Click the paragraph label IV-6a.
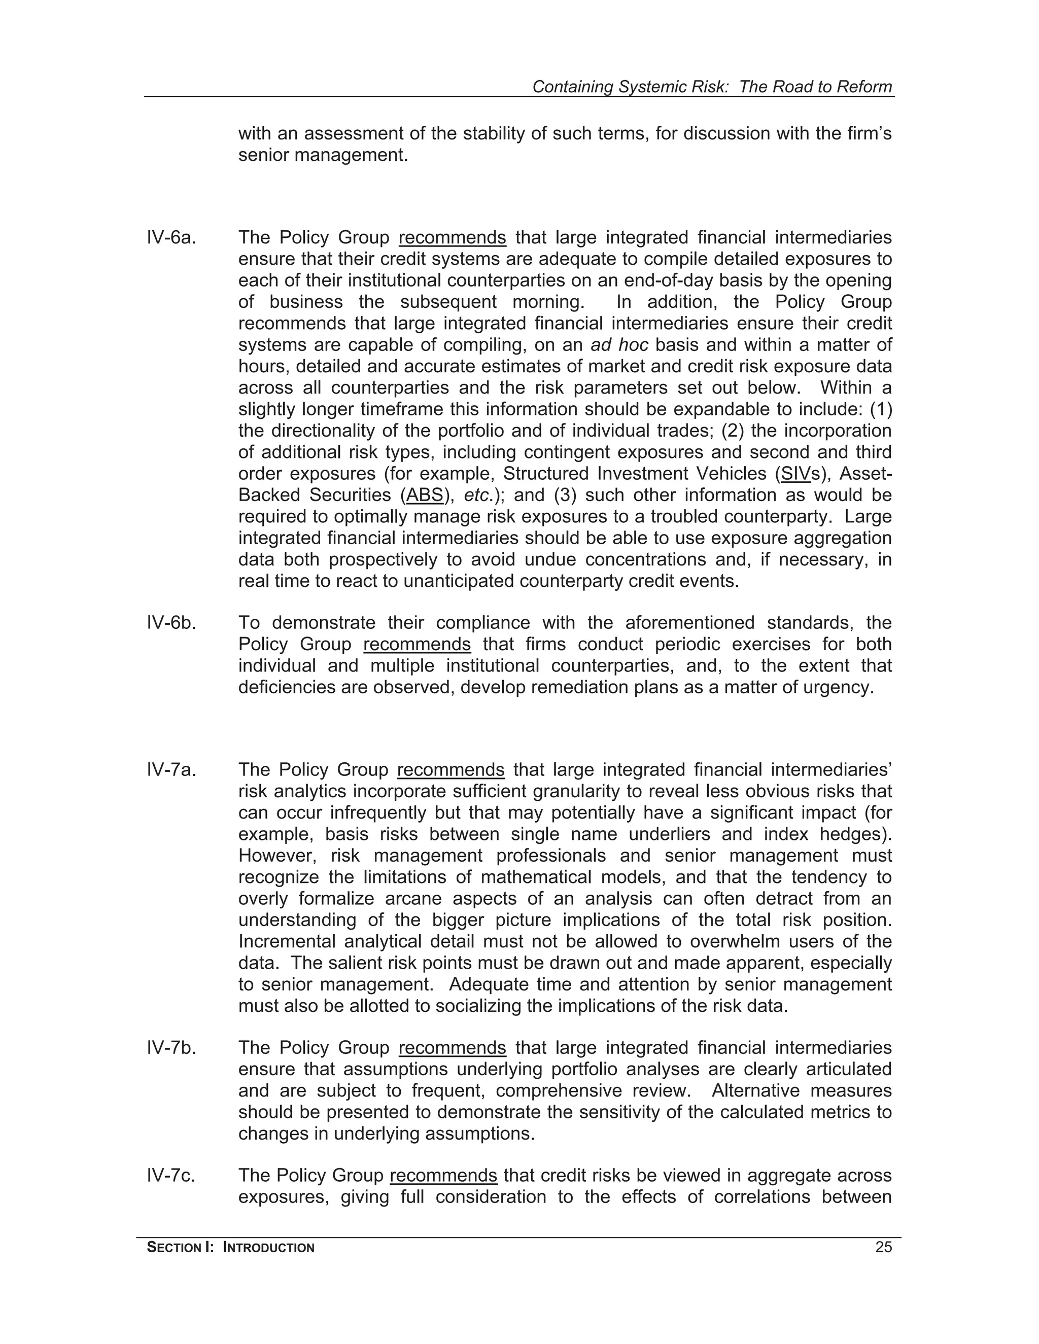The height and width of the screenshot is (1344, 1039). click(171, 237)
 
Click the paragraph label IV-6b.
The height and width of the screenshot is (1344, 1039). click(171, 623)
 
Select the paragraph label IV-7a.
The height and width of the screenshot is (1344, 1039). click(171, 770)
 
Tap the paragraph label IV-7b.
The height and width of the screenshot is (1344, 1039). click(171, 1047)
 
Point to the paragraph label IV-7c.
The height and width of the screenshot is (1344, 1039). click(170, 1176)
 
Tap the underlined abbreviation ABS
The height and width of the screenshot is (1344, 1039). click(425, 496)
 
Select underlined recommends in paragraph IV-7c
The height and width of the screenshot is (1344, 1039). click(443, 1176)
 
